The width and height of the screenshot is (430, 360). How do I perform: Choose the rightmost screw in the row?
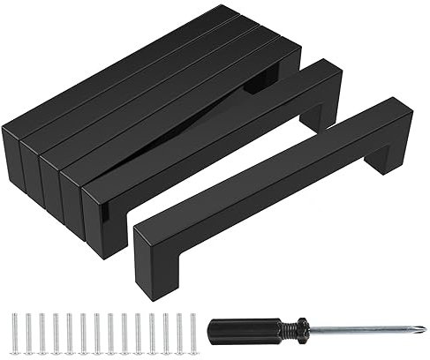tap(192, 330)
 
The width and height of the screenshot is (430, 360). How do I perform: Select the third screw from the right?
tap(165, 330)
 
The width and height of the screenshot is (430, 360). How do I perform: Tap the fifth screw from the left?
tap(71, 330)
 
